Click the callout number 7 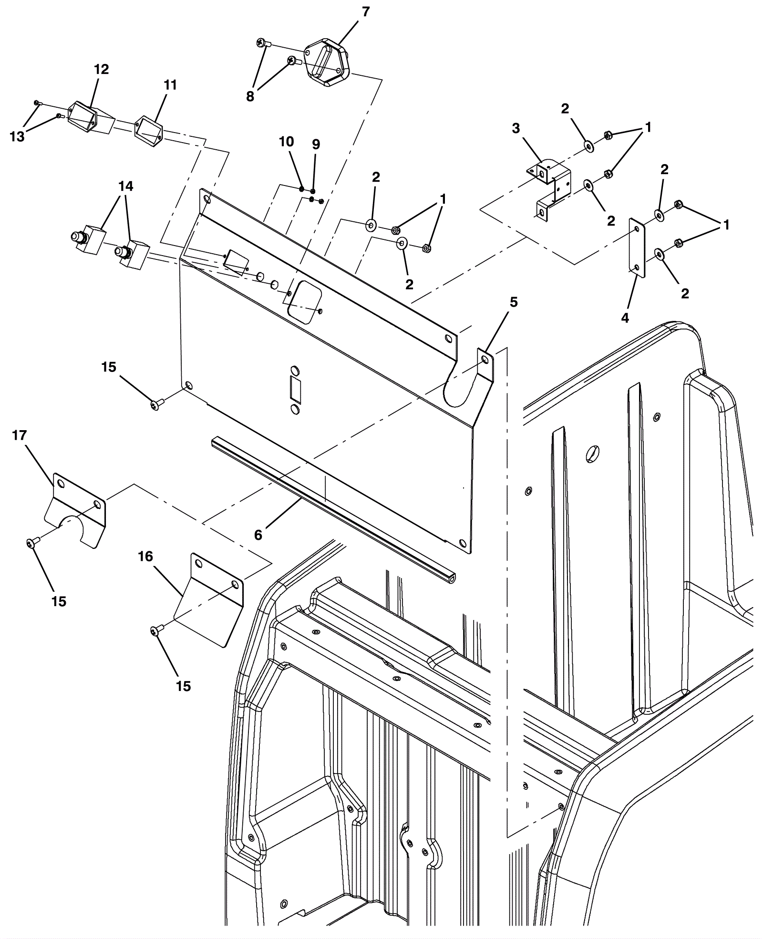click(366, 12)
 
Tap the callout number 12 click(101, 70)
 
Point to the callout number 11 click(170, 85)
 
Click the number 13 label click(17, 136)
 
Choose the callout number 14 click(126, 186)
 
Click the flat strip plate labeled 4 click(637, 248)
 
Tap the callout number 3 click(516, 128)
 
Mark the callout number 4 click(625, 318)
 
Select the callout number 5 click(514, 302)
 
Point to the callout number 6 click(258, 535)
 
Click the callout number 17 click(20, 435)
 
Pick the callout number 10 click(287, 142)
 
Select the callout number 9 click(316, 144)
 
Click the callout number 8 click(250, 96)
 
